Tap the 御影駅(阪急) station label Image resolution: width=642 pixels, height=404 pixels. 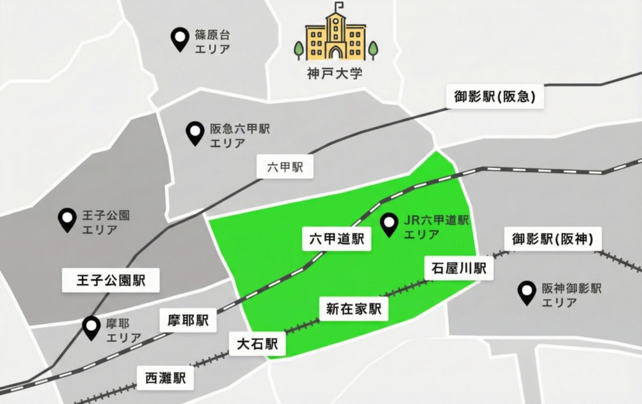point(495,97)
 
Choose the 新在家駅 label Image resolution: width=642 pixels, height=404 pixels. point(354,309)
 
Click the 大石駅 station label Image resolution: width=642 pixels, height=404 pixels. point(257,344)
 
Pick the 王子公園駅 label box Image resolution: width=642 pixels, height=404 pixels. point(111,280)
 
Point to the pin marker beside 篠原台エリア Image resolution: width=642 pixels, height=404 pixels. point(179,40)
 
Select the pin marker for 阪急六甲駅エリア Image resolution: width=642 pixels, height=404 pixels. point(194,133)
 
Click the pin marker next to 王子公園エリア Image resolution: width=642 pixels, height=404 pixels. point(67,219)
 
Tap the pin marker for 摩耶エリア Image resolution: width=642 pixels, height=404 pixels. point(92,327)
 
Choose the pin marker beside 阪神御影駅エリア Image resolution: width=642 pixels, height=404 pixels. point(528,293)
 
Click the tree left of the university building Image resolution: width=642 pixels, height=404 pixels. point(299,50)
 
